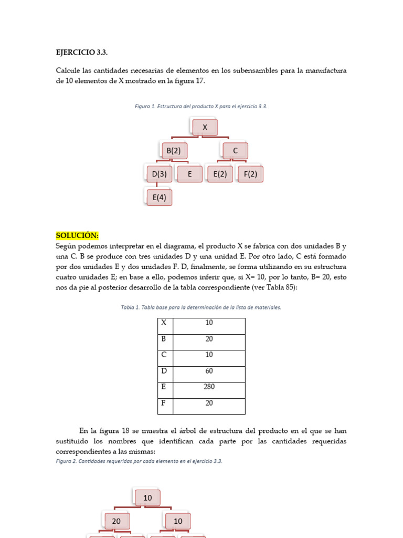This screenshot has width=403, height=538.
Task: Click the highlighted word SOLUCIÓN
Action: (x=77, y=235)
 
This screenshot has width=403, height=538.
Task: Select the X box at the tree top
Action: (x=205, y=127)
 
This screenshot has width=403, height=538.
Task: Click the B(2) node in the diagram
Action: (x=173, y=151)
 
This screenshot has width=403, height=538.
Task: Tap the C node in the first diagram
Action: (x=235, y=151)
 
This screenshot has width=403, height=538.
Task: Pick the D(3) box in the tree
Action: (x=159, y=174)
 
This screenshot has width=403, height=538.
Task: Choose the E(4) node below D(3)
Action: (x=159, y=198)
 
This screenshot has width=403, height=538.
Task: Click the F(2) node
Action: (x=250, y=174)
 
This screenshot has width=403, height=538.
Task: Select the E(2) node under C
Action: (x=220, y=174)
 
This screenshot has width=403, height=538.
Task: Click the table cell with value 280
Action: (x=209, y=387)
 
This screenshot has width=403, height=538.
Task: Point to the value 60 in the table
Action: (x=209, y=371)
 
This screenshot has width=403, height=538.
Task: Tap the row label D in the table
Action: (x=164, y=371)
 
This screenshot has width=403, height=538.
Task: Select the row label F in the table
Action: (x=164, y=403)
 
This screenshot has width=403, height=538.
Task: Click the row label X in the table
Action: (x=164, y=323)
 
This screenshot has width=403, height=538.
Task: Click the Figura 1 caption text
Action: (x=201, y=106)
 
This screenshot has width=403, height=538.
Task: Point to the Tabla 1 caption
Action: (x=201, y=307)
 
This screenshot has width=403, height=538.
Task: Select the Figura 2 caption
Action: (x=139, y=461)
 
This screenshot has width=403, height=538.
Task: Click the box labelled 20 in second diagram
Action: (x=116, y=521)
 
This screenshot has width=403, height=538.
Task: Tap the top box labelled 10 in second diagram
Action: (x=147, y=498)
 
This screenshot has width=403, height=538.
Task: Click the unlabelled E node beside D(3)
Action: (x=189, y=174)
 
